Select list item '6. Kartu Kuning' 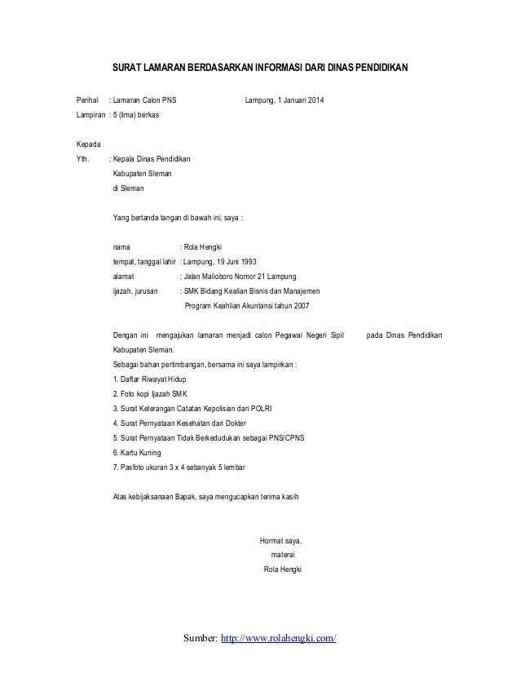pyautogui.click(x=136, y=452)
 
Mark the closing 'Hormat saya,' pyautogui.click(x=280, y=540)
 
